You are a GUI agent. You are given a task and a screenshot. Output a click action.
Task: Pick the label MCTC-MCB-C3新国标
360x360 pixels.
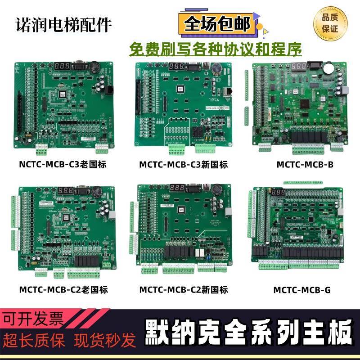[184, 165]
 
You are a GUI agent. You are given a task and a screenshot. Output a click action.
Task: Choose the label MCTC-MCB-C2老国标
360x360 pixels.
[63, 289]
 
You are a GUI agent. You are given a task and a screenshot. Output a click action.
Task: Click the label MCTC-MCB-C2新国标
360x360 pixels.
[184, 290]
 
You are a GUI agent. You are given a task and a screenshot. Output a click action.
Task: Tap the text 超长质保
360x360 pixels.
[34, 341]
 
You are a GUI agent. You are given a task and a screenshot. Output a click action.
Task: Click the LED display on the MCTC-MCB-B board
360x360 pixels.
[299, 67]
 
